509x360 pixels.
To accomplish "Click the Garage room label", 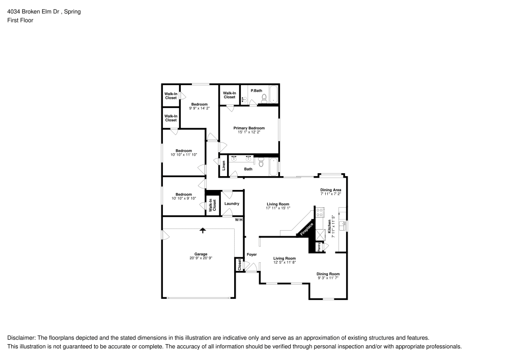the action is pos(201,254).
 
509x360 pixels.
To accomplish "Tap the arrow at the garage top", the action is pos(203,231).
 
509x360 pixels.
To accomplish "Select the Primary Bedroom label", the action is pos(249,128).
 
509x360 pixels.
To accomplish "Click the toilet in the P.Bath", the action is pos(264,97).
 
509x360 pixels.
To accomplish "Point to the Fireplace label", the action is pos(306,229).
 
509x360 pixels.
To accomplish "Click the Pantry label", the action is pos(320,247).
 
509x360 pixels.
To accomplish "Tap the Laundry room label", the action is pos(232,204).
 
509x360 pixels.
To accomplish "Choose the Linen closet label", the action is pos(223,165).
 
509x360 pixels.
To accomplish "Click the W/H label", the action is pos(239,220).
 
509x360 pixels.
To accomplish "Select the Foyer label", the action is pos(251,255).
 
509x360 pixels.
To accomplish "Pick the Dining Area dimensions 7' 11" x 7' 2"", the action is pos(331,194).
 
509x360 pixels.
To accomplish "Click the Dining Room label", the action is pos(328,274).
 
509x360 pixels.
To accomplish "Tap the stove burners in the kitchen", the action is pos(320,212).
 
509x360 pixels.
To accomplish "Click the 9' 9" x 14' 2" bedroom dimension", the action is pos(200,108).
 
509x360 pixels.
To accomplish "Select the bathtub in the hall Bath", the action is pos(274,167).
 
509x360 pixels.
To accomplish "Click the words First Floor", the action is pos(20,20).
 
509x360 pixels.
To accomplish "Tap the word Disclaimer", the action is pos(21,338).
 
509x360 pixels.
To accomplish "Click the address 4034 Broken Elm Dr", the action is pos(33,12).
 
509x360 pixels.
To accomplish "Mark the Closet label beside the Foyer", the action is pos(240,265).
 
